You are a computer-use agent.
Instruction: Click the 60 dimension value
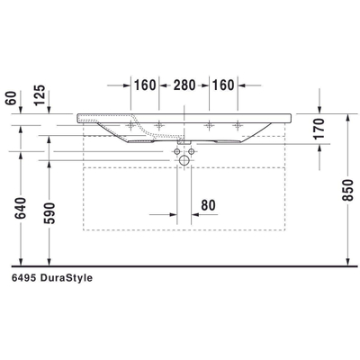11,97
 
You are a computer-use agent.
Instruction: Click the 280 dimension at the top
184,85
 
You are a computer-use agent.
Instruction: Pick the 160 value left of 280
145,85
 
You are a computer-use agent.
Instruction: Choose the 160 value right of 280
223,85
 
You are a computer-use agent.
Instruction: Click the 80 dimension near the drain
207,206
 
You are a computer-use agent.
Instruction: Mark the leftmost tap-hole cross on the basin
131,123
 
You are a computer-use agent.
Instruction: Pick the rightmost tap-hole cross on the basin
238,123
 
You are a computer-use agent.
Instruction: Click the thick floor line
180,267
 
